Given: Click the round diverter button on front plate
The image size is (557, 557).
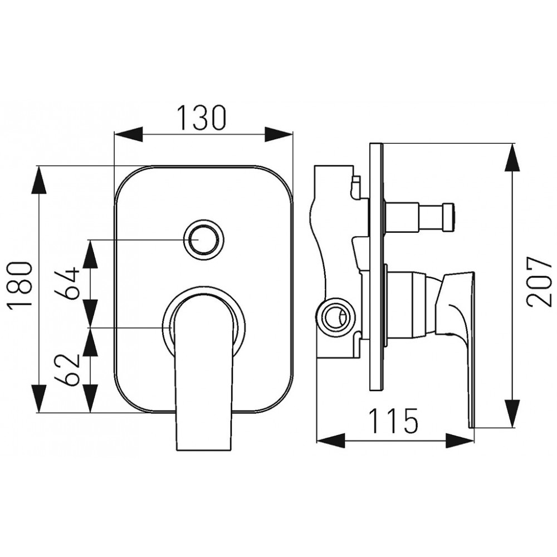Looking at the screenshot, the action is pos(203,240).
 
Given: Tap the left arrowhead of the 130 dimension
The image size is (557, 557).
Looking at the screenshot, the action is pos(128,134).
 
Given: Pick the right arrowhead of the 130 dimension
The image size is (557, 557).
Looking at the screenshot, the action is pos(278,134).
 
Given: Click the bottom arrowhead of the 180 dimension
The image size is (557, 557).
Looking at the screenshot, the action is pos(38,399).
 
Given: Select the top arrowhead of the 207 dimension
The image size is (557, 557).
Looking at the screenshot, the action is pos(512,158).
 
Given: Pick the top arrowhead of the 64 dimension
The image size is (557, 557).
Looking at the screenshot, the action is pos(90,253).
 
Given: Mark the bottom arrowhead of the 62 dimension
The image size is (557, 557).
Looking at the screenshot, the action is pos(90,399).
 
